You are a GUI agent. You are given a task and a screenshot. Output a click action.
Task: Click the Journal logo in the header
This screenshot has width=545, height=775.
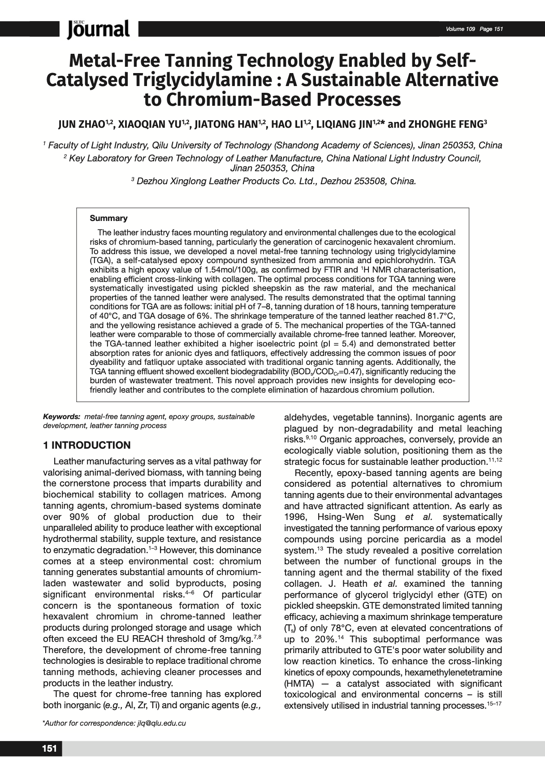point(99,29)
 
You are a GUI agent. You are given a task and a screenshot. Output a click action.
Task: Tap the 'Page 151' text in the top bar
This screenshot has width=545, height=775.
point(491,29)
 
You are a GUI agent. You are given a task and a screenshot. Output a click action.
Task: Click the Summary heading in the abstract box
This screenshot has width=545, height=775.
point(108,218)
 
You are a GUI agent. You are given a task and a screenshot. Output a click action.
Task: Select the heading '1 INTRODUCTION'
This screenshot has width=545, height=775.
point(87,445)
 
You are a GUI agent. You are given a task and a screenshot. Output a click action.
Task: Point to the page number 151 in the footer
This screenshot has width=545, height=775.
point(49,749)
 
